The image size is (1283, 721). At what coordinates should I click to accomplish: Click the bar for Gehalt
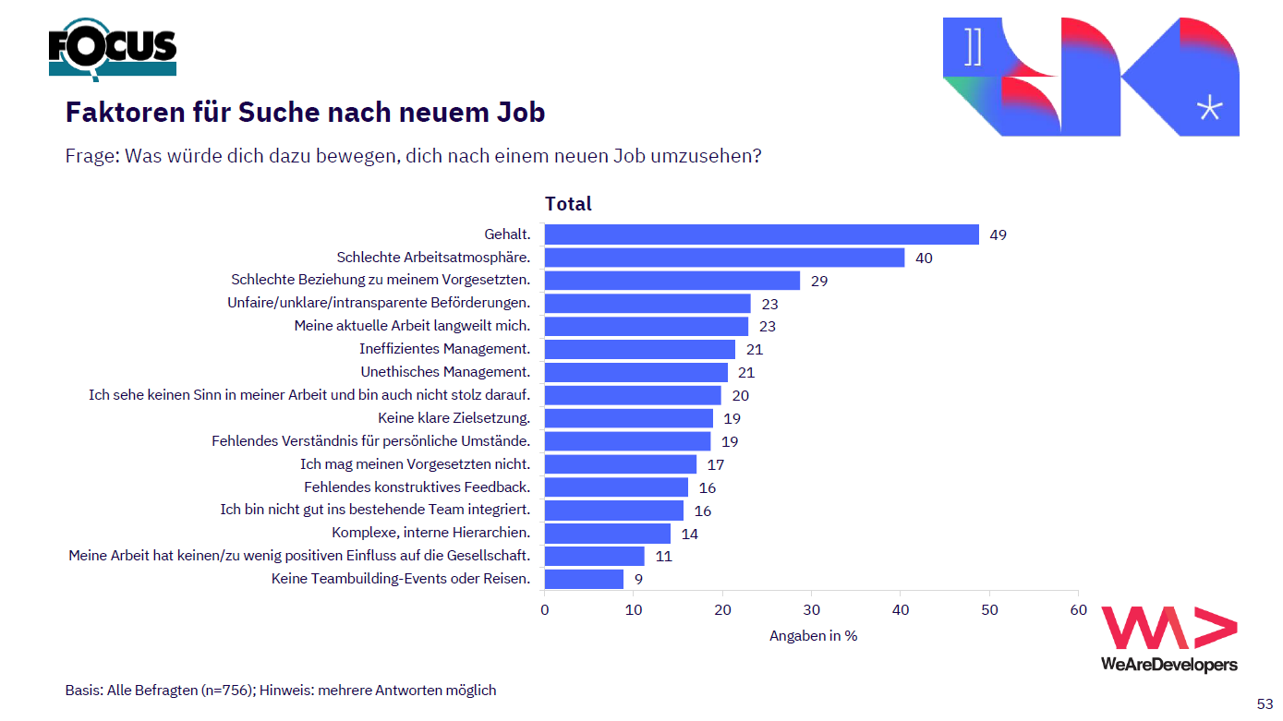click(761, 234)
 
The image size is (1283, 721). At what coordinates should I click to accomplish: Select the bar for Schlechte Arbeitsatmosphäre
click(724, 258)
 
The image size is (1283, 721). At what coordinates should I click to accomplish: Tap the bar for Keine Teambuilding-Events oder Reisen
click(584, 579)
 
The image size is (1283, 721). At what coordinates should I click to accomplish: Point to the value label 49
click(998, 234)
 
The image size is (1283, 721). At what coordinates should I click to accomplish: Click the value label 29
click(819, 281)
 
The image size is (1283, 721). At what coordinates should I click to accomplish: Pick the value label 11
click(663, 556)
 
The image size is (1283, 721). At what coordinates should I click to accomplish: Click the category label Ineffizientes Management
click(444, 349)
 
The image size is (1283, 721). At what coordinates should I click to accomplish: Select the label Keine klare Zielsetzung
click(454, 417)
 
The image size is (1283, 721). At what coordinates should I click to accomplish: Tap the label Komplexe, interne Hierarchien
click(430, 533)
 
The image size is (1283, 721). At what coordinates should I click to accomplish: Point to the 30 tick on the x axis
click(811, 609)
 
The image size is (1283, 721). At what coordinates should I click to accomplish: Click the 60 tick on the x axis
click(1078, 609)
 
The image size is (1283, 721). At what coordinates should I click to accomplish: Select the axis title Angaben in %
click(813, 636)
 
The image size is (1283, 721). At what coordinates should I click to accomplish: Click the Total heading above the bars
click(568, 204)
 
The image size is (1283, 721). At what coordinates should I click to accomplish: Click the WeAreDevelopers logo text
click(1168, 665)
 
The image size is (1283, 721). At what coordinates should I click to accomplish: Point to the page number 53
click(1265, 703)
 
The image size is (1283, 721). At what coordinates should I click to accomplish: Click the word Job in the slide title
click(519, 113)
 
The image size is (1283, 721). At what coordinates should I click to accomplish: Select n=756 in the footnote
click(227, 690)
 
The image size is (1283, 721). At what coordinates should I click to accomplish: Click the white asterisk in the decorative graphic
click(1209, 108)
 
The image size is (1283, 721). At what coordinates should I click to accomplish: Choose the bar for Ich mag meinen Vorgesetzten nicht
click(621, 464)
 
